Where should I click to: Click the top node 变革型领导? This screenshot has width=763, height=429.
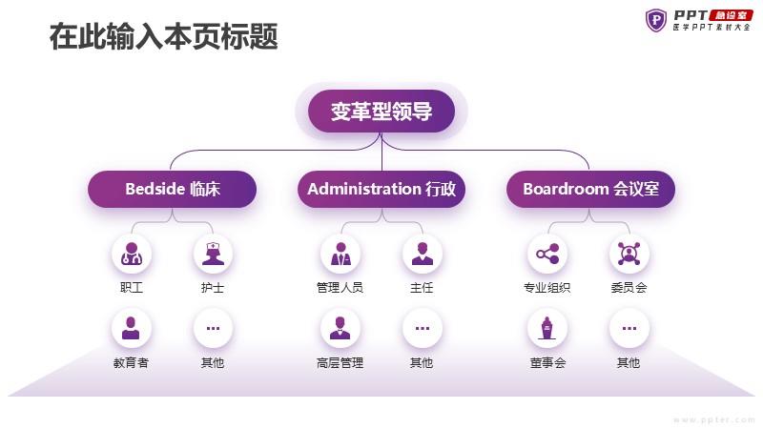coord(381,111)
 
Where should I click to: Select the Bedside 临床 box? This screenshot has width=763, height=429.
coord(173,189)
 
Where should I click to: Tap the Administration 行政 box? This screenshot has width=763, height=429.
coord(381,189)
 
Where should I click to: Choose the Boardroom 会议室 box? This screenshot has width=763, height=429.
coord(590,189)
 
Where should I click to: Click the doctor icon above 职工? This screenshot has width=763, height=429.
coord(132,254)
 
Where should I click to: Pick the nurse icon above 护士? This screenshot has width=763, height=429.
coord(213,254)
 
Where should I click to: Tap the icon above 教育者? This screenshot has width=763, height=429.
coord(132,328)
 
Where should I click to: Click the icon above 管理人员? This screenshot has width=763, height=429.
coord(340,254)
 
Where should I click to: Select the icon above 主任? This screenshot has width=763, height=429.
coord(422,254)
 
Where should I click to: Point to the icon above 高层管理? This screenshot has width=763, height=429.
coord(340,328)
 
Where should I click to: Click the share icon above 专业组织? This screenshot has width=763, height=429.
coord(547,254)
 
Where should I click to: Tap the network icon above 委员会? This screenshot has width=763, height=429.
coord(629,254)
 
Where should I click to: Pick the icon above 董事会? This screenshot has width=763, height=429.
coord(547,328)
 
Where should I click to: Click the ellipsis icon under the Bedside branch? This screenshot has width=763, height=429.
coord(213,328)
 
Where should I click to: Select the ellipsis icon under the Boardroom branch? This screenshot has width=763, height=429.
coord(629,328)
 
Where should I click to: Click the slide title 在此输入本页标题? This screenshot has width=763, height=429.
coord(164,36)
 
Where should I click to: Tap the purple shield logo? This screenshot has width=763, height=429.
coord(656,20)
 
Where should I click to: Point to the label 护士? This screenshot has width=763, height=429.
coord(213,288)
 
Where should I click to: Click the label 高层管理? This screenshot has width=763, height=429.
coord(340,363)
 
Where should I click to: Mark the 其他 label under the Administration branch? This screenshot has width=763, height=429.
coord(422,363)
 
